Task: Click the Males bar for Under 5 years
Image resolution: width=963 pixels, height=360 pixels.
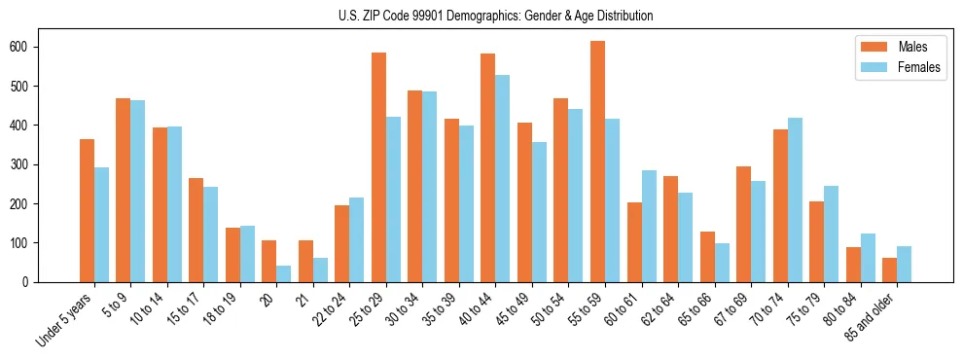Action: tap(87, 210)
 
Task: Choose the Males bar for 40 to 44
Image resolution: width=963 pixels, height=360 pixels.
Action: tap(487, 167)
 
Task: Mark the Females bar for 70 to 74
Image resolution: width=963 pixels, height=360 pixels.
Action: tap(795, 199)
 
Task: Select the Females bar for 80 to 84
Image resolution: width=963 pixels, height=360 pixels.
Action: tap(868, 258)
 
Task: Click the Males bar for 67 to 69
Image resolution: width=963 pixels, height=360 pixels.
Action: tap(743, 224)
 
